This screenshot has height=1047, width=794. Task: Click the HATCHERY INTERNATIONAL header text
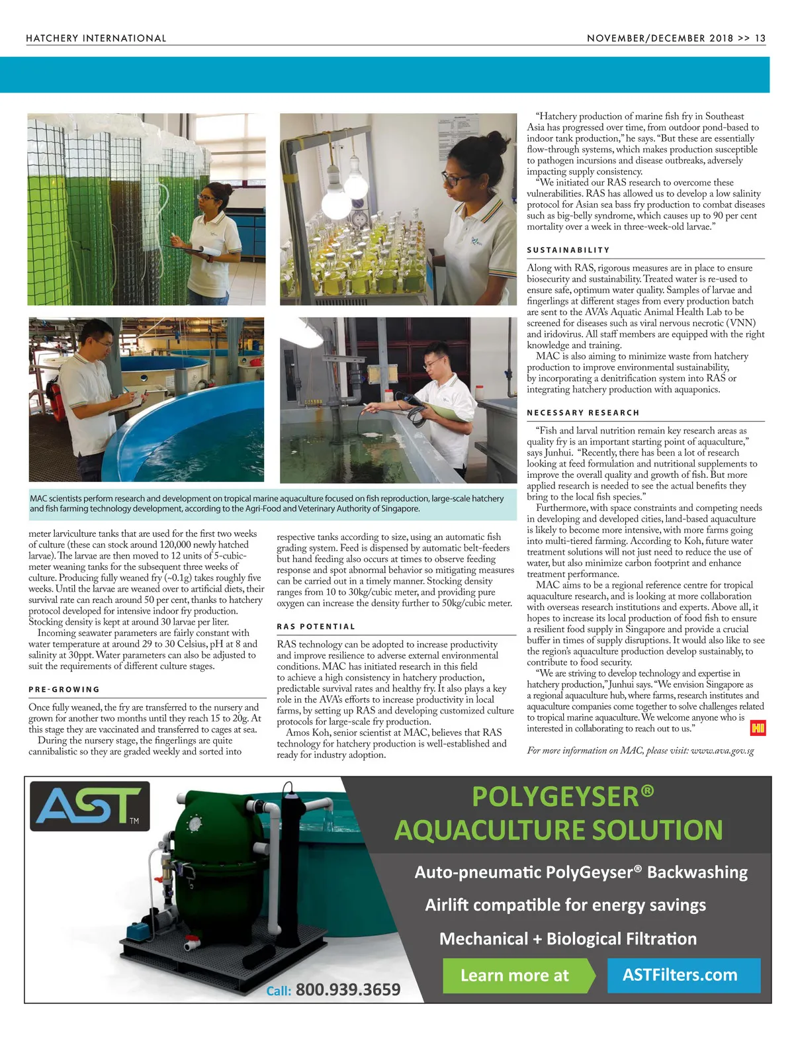96,38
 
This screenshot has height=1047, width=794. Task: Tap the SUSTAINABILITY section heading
568,250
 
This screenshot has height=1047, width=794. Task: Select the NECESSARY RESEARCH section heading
583,413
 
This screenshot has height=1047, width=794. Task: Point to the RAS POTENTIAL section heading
316,627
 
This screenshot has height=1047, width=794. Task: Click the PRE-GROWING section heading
64,690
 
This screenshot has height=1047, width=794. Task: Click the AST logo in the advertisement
89,806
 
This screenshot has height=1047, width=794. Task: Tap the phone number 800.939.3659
347,990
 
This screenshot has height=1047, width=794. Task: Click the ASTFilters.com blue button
680,975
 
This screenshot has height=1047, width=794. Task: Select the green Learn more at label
515,976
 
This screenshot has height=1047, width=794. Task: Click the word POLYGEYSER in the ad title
556,797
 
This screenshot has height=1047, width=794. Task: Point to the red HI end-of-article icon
758,729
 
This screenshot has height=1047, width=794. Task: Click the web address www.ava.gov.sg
722,751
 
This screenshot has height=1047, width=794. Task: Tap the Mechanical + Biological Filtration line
568,939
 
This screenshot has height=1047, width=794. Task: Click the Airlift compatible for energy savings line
565,905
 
